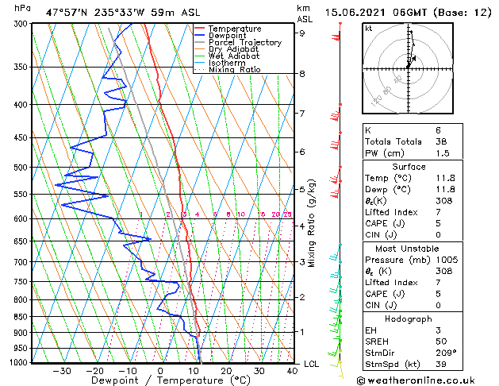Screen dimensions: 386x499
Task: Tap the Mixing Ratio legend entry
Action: coord(235,70)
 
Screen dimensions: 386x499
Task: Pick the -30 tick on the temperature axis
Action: coord(61,371)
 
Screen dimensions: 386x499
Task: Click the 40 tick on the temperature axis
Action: coord(292,371)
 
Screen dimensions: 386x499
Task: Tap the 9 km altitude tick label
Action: coord(301,33)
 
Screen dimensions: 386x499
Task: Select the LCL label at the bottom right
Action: coord(312,364)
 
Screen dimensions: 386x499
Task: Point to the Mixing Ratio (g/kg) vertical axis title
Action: coord(312,223)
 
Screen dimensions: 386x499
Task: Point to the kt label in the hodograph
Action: coord(368,28)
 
